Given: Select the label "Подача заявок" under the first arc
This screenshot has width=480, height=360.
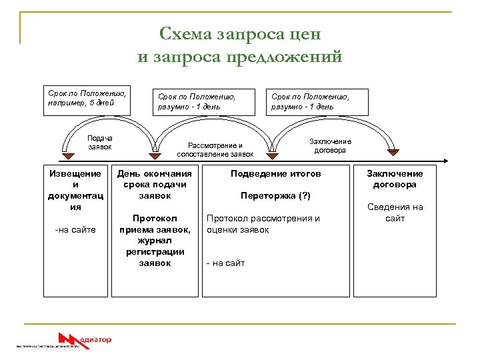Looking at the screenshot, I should pos(100,142).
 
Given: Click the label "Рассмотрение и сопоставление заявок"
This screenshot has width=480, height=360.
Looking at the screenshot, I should pos(215,149).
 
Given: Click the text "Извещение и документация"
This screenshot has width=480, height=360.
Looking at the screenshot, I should pos(76,190).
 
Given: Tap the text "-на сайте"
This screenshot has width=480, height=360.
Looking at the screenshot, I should pos(75,230).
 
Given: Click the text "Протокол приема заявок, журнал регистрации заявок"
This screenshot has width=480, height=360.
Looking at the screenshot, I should pos(155,241).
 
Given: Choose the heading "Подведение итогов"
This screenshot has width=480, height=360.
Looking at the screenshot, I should pos(275,173).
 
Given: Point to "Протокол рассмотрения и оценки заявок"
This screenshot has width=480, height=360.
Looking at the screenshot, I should pos(263,224).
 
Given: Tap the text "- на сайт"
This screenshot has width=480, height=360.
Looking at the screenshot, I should pos(225,263).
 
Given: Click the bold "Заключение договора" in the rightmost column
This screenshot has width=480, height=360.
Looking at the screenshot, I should pos(395,179).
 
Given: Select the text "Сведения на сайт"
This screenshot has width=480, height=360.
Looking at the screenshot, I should pos(395,213).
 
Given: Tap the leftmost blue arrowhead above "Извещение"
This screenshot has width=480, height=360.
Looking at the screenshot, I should pos(66,157).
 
